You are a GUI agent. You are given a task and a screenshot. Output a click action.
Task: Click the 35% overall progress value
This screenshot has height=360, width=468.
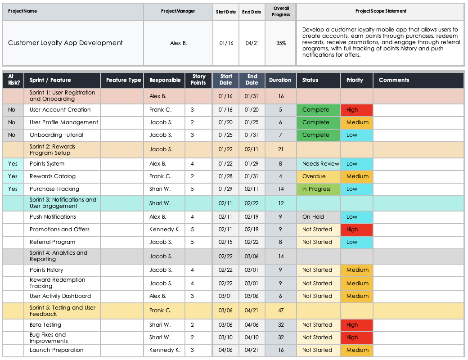pyautogui.click(x=281, y=43)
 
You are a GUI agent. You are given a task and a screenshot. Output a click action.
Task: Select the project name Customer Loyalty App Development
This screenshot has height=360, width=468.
pyautogui.click(x=65, y=43)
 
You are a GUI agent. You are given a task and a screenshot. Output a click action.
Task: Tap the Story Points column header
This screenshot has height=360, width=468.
pyautogui.click(x=198, y=80)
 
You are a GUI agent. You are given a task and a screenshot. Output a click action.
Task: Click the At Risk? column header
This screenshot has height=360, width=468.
pyautogui.click(x=13, y=80)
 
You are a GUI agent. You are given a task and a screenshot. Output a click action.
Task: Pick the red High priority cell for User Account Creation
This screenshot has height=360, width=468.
pyautogui.click(x=356, y=110)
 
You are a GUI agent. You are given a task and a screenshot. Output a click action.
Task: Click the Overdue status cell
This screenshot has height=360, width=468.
pyautogui.click(x=318, y=176)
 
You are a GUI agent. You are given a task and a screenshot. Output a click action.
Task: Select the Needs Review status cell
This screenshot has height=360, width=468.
pyautogui.click(x=318, y=164)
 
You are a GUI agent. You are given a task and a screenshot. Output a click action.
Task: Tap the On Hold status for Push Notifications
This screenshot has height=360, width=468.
pyautogui.click(x=318, y=217)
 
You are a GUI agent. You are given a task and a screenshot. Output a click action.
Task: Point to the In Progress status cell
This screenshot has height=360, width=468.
pyautogui.click(x=318, y=189)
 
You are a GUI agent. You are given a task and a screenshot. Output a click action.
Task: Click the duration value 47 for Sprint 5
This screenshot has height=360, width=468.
pyautogui.click(x=281, y=310)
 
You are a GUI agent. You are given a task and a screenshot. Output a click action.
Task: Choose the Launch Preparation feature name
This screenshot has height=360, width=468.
pyautogui.click(x=57, y=350)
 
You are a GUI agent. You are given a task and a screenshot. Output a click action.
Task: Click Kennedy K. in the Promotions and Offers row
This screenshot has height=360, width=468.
pyautogui.click(x=165, y=229)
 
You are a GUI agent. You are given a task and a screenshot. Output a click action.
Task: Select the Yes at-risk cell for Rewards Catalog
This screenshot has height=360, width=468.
pyautogui.click(x=13, y=176)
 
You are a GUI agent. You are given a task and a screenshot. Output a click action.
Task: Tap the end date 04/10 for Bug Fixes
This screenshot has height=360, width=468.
pyautogui.click(x=252, y=337)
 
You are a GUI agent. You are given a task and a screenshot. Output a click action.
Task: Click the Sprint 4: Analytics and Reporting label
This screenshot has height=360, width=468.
pyautogui.click(x=58, y=256)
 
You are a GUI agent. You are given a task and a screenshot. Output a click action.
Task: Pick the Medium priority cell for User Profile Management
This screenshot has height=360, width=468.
pyautogui.click(x=356, y=122)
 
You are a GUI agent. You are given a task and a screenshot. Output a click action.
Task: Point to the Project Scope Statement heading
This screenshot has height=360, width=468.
pyautogui.click(x=381, y=11)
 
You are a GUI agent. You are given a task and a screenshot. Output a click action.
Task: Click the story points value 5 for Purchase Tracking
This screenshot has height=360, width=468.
pyautogui.click(x=193, y=189)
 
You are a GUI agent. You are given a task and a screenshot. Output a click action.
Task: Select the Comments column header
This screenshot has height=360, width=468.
pyautogui.click(x=394, y=80)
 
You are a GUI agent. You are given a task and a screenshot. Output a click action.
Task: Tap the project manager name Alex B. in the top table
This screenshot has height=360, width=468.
pyautogui.click(x=178, y=43)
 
